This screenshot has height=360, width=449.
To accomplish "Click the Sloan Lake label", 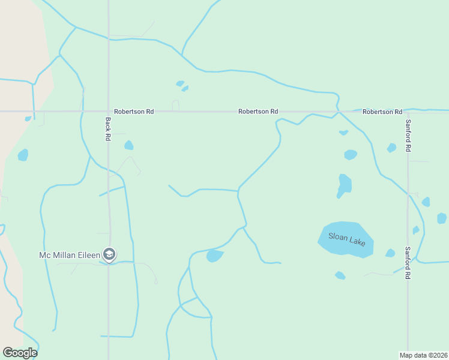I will point(346,238).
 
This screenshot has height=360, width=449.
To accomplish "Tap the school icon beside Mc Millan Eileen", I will point(109,255).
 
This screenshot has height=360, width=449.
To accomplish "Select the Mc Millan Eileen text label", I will point(70,255).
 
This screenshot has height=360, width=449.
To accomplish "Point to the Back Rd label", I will point(108,129).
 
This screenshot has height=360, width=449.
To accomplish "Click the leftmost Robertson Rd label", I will point(134,112).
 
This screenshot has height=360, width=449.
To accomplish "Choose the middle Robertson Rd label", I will point(258,112).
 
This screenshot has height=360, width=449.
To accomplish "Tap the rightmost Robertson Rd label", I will point(382,112).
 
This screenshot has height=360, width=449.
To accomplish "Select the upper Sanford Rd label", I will point(408,136).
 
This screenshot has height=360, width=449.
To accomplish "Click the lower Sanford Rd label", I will point(408,263).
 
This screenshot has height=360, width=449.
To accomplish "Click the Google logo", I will point(20,353).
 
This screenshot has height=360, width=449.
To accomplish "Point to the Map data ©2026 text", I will point(423,355).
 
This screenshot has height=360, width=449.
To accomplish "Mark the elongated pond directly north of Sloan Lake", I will point(344,185).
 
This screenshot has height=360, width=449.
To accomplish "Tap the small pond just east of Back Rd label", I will point(128,145).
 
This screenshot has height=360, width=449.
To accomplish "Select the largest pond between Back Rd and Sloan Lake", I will point(214,256).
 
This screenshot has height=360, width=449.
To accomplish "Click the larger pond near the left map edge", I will point(23,155).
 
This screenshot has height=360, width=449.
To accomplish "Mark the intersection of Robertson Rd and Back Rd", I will point(108,112).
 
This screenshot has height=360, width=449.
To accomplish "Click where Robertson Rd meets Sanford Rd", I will point(408,112).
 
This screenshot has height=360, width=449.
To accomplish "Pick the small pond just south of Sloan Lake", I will point(340,275).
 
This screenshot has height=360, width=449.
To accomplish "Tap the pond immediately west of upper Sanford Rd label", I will point(391,148).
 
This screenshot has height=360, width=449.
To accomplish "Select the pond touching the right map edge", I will point(442,218).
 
